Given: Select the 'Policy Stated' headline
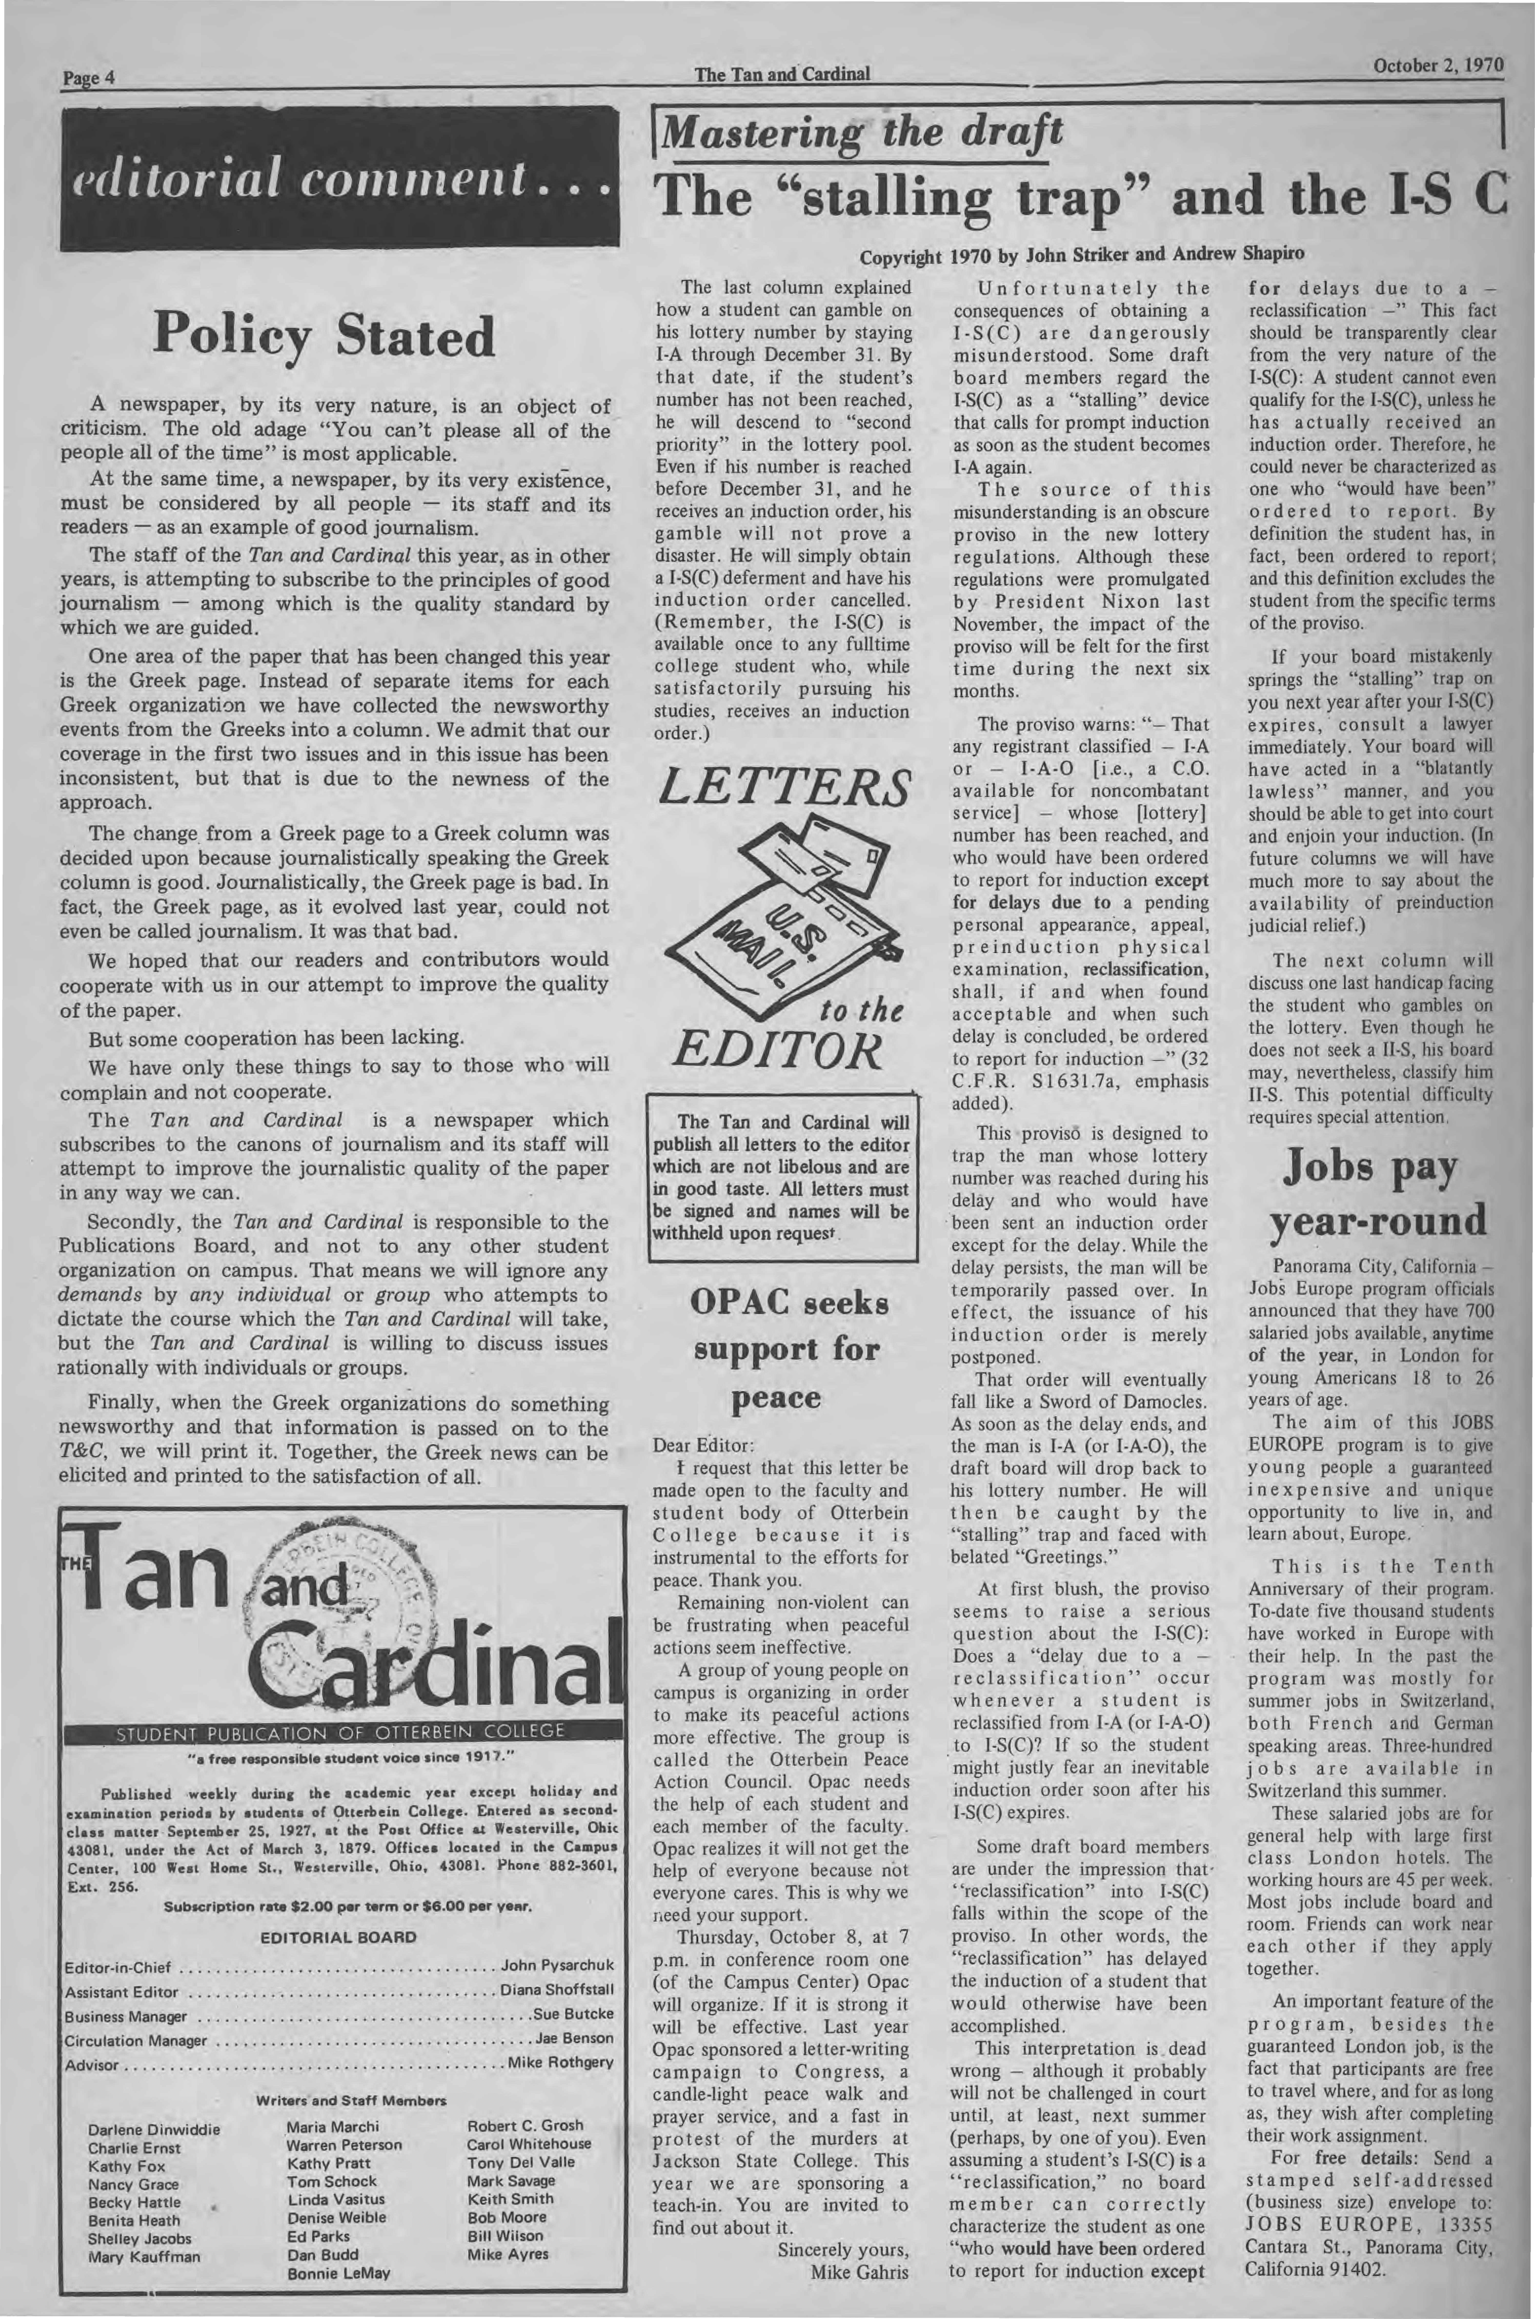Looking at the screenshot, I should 324,336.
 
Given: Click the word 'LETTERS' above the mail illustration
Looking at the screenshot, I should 785,787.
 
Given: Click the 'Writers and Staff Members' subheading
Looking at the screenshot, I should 351,2101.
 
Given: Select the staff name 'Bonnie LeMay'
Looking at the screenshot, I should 339,2273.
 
